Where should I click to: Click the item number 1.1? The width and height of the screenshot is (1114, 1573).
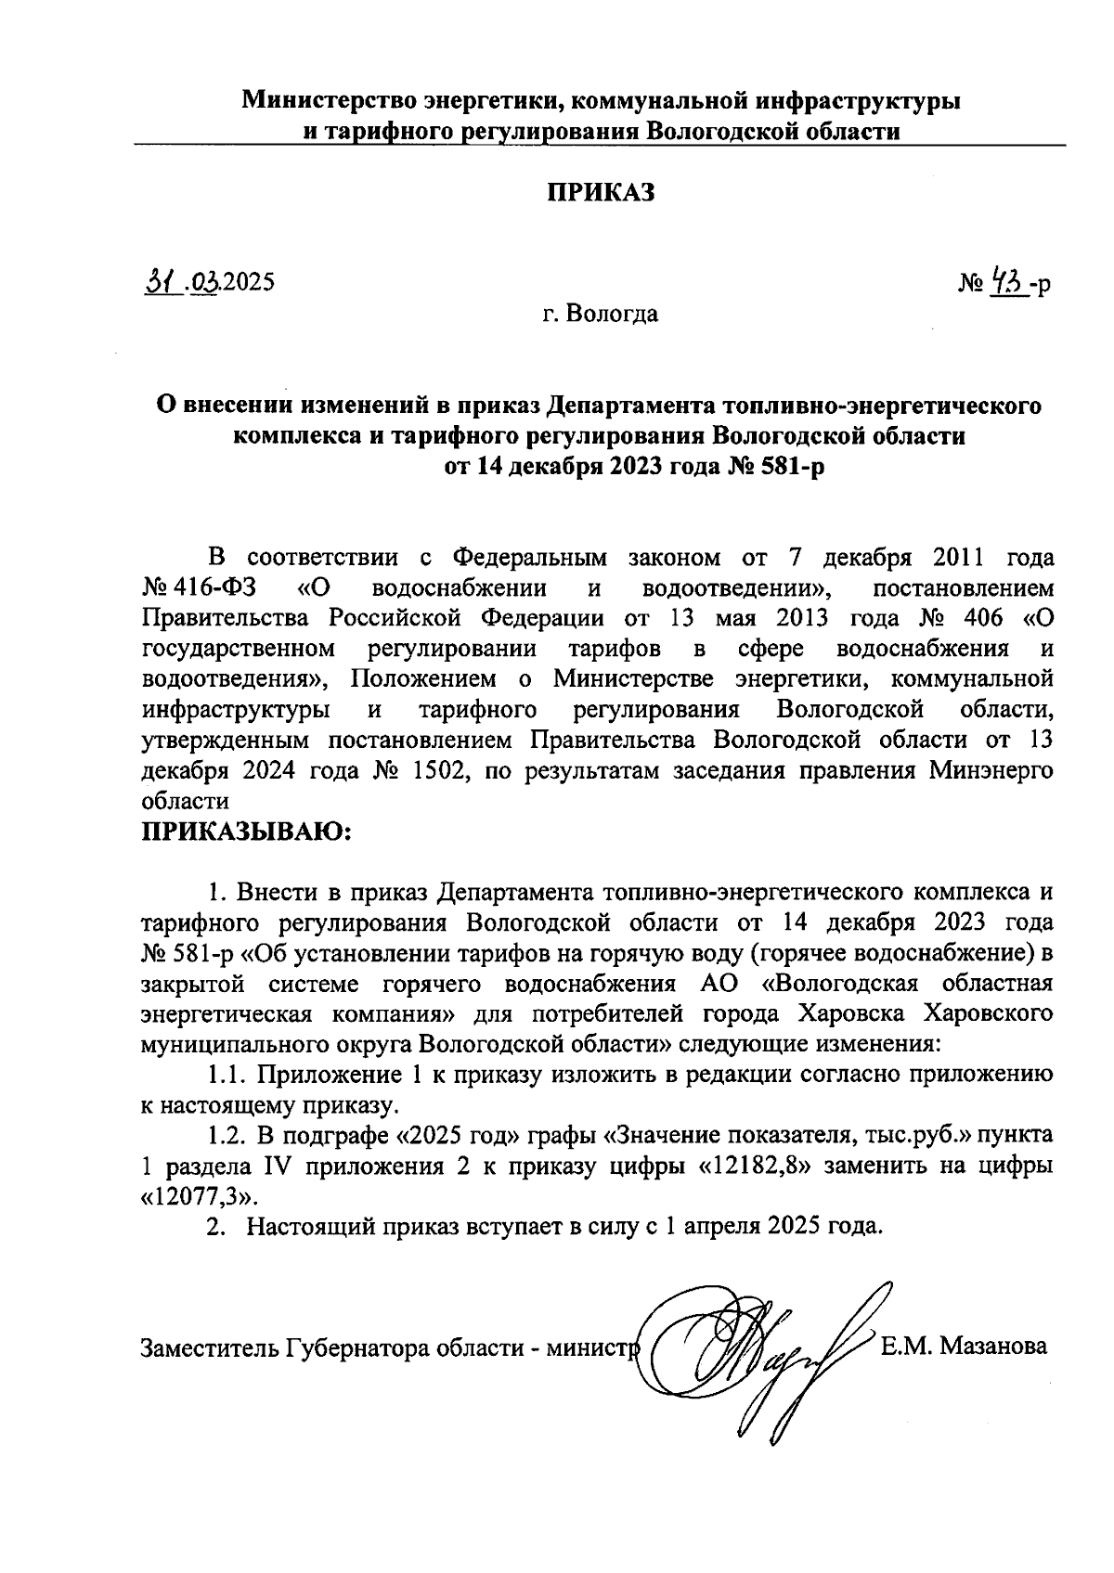pyautogui.click(x=227, y=1074)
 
